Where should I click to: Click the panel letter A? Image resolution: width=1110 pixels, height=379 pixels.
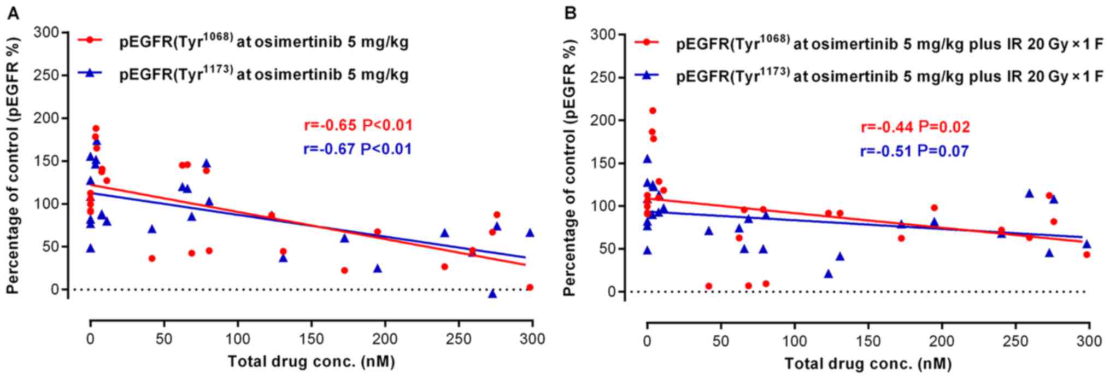tap(13, 14)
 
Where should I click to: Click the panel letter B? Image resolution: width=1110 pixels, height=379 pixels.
tap(570, 13)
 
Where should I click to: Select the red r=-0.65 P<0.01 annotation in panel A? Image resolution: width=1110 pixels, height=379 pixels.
tap(358, 126)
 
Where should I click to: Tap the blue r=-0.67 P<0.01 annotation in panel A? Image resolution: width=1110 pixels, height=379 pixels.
tap(358, 149)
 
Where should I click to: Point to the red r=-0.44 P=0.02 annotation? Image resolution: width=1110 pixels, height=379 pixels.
tap(915, 127)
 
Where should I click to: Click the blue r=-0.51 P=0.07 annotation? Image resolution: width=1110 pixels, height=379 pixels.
tap(915, 151)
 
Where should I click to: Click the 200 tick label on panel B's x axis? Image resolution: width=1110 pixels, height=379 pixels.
tap(942, 341)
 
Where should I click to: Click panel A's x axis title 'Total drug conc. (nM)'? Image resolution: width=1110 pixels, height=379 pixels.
tap(311, 361)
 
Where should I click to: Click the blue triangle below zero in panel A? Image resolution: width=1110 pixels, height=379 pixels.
tap(492, 294)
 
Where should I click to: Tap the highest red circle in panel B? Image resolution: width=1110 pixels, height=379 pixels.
tap(652, 110)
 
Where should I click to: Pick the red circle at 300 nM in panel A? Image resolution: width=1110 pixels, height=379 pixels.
tap(529, 287)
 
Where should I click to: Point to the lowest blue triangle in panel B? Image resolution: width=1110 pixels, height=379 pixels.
tap(829, 273)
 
